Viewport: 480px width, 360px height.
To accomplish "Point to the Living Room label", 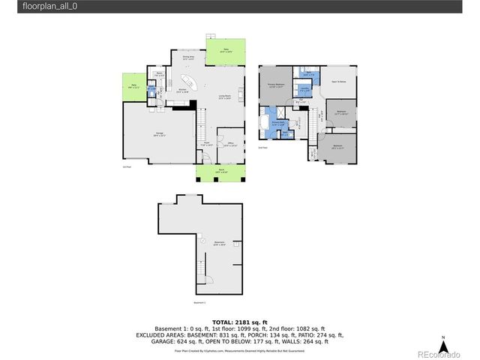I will pyautogui.click(x=224, y=96).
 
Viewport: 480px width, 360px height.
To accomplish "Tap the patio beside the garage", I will pyautogui.click(x=133, y=87).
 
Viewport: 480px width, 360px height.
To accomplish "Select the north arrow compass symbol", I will pyautogui.click(x=444, y=346).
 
